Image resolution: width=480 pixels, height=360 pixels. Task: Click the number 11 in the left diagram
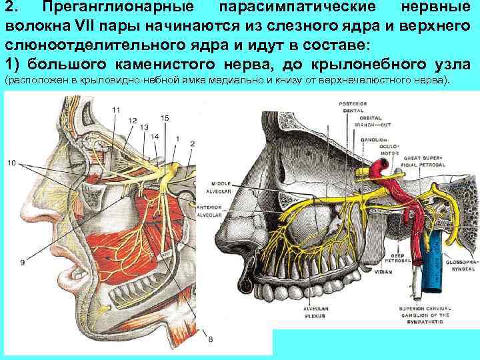pos(117,110)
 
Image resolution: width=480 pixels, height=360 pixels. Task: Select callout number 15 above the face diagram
pos(165,118)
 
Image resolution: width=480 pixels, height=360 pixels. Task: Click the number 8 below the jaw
pos(211,340)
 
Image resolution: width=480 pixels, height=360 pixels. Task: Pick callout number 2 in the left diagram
pos(193,143)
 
